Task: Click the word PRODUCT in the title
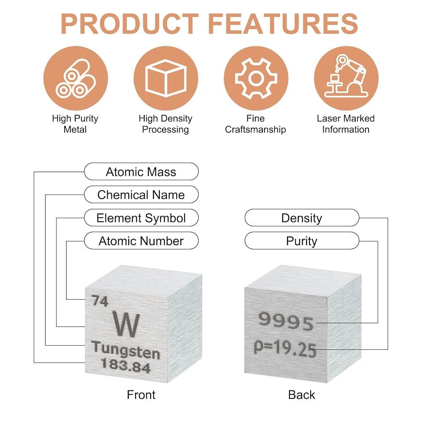coord(130,24)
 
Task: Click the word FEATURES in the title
coord(283,24)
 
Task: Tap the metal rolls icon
coord(76,78)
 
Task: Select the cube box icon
coord(166,78)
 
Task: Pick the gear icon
coord(256,78)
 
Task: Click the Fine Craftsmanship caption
coord(255,124)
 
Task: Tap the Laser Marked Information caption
coord(346,124)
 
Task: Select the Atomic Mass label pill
coord(141,171)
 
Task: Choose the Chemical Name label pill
coord(141,194)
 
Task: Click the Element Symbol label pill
coord(141,217)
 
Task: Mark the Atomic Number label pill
coord(141,241)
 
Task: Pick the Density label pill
coord(302,217)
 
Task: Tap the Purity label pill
coord(302,241)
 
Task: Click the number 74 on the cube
coord(100,300)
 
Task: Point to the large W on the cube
coord(126,324)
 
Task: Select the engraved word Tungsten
coord(126,350)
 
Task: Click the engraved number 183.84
coord(126,365)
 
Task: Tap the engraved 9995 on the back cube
coord(286,321)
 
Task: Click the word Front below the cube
coord(141,395)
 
